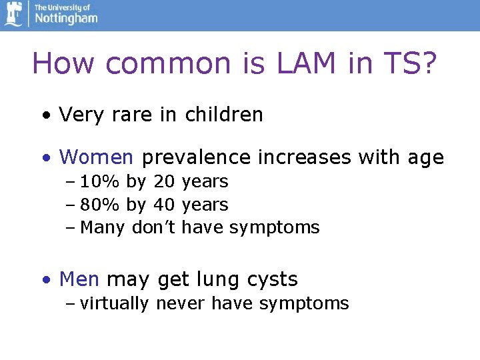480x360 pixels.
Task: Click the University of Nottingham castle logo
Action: (x=13, y=14)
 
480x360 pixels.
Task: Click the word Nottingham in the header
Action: (x=66, y=19)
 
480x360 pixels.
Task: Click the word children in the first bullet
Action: (x=224, y=115)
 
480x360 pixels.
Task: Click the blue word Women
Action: (x=97, y=157)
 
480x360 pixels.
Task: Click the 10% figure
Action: (x=98, y=181)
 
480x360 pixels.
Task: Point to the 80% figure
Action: (x=98, y=205)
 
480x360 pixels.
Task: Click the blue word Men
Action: (x=79, y=279)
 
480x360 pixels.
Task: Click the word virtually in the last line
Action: (x=114, y=304)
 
